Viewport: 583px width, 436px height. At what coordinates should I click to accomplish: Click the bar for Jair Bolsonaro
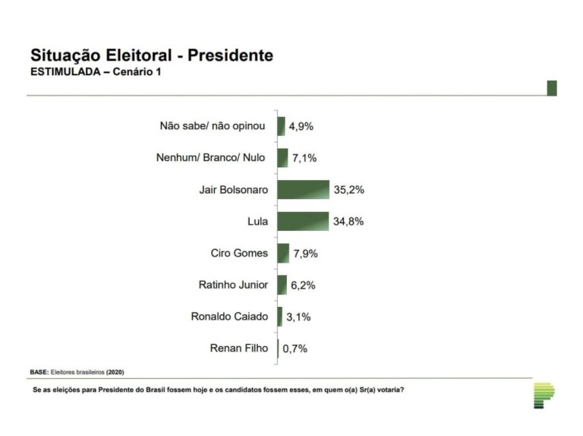point(303,189)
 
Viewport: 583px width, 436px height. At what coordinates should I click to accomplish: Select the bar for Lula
point(302,221)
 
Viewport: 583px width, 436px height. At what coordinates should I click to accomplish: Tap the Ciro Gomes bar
point(283,253)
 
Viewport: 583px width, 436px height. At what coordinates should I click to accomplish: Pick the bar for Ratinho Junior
point(282,285)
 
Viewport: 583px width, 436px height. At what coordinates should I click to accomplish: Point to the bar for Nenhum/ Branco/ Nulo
point(282,157)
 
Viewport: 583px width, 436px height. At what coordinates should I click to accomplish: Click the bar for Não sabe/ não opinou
point(281,125)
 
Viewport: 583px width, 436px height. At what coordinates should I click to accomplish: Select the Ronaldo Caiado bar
point(279,317)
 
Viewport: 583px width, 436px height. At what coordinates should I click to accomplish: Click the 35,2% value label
point(349,190)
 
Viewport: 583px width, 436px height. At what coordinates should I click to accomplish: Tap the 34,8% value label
point(348,222)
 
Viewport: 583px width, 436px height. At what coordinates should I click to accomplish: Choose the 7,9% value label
point(305,254)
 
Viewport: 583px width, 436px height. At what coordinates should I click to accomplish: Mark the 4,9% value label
point(301,126)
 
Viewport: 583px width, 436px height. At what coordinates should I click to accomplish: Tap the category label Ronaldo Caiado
point(229,317)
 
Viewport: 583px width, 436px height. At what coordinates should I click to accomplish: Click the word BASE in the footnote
point(39,372)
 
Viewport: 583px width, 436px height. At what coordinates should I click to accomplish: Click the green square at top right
point(552,87)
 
